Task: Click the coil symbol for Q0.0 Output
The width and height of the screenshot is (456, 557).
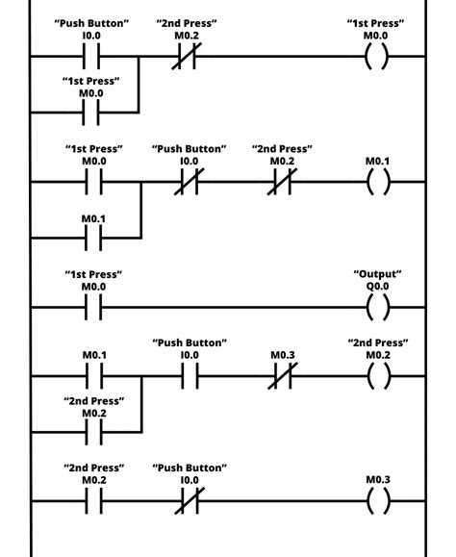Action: pos(378,308)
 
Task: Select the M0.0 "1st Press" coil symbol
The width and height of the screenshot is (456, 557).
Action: pos(378,57)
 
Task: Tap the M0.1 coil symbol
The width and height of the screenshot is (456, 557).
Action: pos(378,182)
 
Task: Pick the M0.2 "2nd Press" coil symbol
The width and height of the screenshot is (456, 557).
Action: pos(378,376)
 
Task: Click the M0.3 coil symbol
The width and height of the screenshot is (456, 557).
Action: pos(378,500)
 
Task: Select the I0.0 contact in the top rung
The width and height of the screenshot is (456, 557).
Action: pos(93,57)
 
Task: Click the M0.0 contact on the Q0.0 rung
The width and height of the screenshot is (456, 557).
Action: pos(93,308)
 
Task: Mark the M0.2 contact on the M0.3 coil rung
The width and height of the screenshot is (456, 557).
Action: pos(93,500)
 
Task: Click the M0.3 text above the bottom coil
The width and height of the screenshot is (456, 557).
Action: pos(378,479)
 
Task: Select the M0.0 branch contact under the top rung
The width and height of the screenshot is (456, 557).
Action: pos(93,113)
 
